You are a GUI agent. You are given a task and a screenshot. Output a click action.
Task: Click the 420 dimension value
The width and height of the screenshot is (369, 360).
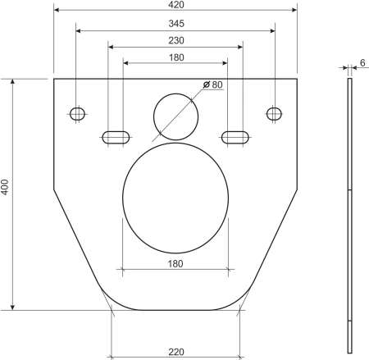click(176, 5)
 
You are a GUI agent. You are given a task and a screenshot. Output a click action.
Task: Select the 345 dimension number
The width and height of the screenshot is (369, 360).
click(176, 24)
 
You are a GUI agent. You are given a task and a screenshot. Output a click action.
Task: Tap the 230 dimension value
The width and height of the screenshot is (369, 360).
click(176, 40)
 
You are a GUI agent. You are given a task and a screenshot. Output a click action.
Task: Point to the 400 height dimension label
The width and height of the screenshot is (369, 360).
click(5, 187)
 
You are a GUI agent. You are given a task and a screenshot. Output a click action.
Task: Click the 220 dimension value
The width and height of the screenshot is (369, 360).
click(176, 352)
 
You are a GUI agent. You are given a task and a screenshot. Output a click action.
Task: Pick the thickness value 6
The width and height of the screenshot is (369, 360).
click(362, 63)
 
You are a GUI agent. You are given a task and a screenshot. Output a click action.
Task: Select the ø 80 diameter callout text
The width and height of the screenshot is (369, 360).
click(213, 84)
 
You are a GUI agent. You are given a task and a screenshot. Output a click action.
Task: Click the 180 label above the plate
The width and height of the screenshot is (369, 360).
click(176, 57)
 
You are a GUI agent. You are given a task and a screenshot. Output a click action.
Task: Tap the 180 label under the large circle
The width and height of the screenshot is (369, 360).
click(175, 264)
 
